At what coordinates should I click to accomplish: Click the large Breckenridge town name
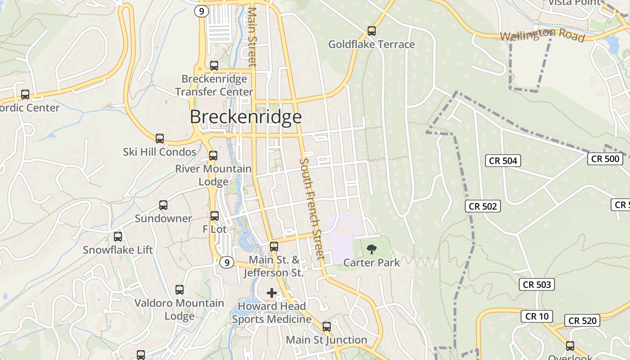coord(246,117)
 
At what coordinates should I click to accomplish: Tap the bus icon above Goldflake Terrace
coord(371,31)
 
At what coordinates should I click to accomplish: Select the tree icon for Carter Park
coord(372,249)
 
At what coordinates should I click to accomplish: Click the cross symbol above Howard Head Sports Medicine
coord(272,293)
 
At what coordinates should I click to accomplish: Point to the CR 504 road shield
coord(504,161)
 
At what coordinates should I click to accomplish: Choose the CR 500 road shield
coord(605,158)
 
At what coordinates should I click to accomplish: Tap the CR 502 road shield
coord(483,206)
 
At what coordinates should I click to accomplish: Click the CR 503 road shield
coord(537,284)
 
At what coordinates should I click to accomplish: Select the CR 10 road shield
coord(537,316)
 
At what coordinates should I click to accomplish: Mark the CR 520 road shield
coord(582,320)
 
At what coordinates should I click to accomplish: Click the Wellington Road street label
coord(542,35)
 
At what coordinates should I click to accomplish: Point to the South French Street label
coord(312,209)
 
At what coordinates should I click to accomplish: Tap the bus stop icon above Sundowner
coord(163,205)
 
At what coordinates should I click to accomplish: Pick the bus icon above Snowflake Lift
coord(118,236)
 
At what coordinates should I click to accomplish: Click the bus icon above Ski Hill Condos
coord(160,138)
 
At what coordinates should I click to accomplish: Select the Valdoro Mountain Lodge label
coord(179,310)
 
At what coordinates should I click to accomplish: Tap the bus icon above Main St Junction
coord(327,326)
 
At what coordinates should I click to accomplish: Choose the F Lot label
coord(215,229)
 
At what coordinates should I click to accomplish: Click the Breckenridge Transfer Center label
coord(214,85)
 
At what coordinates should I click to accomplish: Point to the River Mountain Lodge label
coord(213,175)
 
